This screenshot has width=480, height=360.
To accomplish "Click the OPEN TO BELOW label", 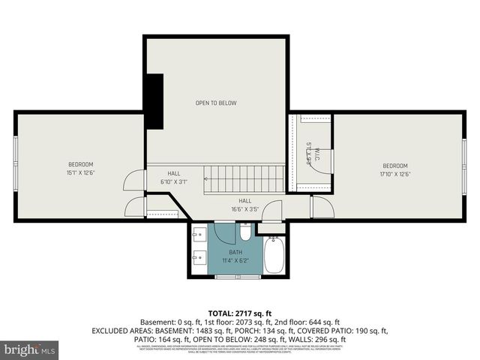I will click(216, 103).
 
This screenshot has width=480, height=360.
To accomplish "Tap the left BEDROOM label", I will click(80, 164).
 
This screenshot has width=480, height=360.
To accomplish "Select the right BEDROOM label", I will click(395, 166).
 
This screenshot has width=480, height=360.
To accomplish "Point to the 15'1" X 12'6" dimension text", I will click(80, 172).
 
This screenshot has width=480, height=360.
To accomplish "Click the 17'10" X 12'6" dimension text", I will click(395, 174).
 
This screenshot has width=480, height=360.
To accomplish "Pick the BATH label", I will click(235, 252).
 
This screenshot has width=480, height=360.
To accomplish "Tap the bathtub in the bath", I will click(273, 255).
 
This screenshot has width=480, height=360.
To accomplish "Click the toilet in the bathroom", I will click(246, 229).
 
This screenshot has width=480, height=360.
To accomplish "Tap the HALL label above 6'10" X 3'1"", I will click(174, 173).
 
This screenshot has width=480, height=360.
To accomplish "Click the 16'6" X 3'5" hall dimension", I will click(244, 209).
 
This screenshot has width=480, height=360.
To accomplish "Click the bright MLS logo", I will click(30, 349).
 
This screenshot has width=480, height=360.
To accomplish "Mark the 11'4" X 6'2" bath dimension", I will click(235, 260).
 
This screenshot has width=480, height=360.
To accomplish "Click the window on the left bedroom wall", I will click(16, 166).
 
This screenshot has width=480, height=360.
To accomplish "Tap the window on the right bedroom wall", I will click(464, 166).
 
